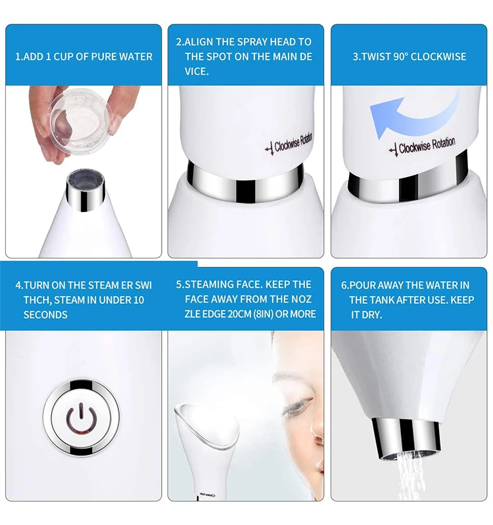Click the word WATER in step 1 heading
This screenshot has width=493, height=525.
click(135, 56)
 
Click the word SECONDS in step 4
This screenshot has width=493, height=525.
click(45, 314)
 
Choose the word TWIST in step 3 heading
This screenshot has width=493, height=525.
click(377, 56)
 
